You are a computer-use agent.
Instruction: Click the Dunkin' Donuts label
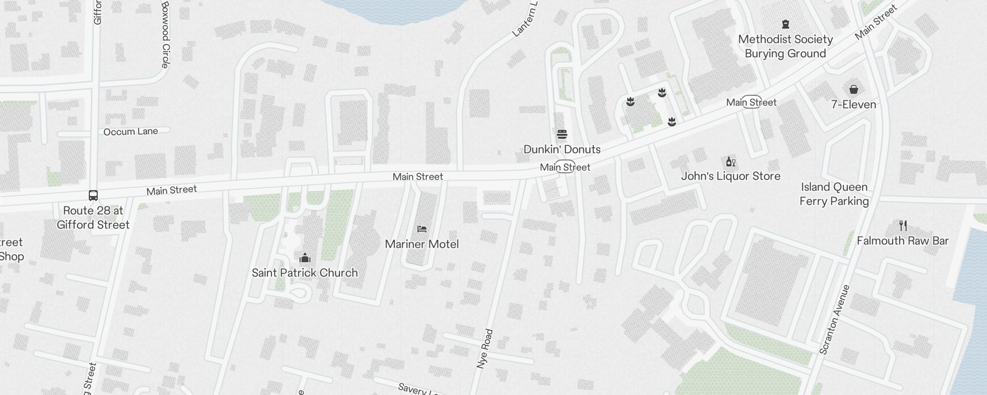(562, 149)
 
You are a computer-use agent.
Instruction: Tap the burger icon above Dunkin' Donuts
(562, 134)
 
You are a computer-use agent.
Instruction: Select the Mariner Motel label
(421, 244)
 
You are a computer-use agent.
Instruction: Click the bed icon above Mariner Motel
(421, 229)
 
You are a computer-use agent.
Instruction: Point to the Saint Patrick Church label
(304, 273)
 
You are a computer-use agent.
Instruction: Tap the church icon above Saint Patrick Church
(305, 258)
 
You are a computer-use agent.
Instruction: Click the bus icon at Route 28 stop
(93, 196)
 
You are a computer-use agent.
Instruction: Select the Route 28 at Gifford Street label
(93, 218)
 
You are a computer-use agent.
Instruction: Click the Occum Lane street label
(131, 131)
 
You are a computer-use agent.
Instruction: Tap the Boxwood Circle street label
(165, 35)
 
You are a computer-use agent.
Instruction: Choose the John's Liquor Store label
(730, 176)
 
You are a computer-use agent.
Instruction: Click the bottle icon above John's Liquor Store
(730, 161)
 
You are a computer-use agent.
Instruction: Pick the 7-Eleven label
(853, 104)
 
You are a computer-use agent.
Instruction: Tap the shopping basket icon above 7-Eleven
(853, 89)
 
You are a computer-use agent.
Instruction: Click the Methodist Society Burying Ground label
(785, 46)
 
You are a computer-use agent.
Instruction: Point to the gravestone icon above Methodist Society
(785, 24)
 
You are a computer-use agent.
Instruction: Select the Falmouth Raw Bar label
(903, 240)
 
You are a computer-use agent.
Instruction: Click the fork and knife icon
(903, 226)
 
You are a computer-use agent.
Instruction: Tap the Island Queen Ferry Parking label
(834, 194)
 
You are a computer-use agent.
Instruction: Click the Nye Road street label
(485, 349)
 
